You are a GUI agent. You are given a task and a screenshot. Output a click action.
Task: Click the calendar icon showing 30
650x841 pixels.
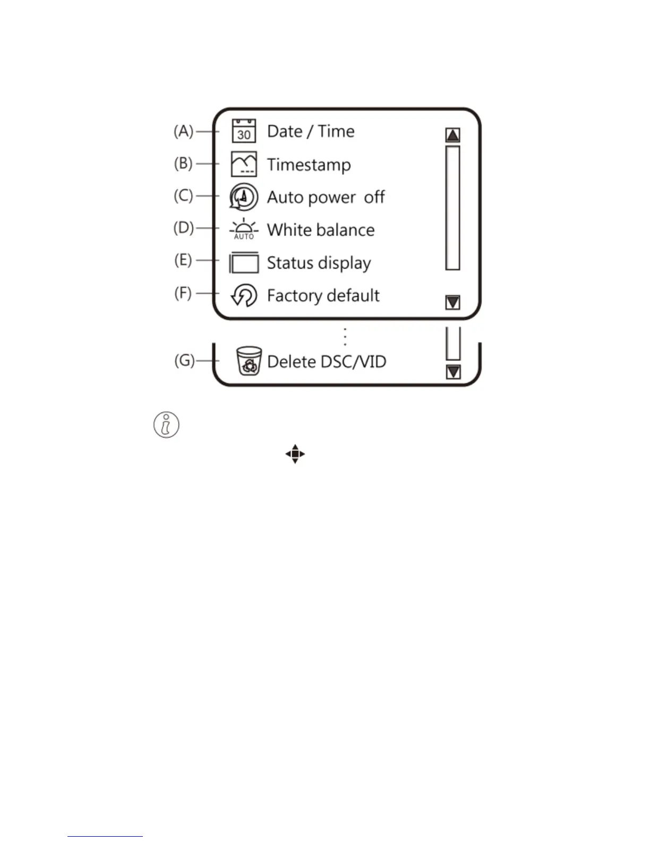point(244,131)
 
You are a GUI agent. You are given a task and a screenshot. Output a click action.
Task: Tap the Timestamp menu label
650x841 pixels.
point(309,165)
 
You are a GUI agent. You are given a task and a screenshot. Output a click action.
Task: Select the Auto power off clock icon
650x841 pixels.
point(244,197)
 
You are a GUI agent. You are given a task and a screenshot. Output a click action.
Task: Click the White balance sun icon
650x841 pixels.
point(244,229)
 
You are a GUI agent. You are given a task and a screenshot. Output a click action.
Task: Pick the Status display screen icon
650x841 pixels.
point(244,262)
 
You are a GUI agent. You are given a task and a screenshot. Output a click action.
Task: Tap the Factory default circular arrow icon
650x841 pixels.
point(244,295)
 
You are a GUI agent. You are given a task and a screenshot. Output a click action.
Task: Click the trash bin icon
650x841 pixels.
point(249,361)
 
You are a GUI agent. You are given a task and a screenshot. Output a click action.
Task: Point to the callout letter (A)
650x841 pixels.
point(183,131)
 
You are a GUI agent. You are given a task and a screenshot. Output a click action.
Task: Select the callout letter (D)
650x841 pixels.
point(184,228)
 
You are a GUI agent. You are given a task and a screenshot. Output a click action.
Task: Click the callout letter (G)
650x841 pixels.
point(184,361)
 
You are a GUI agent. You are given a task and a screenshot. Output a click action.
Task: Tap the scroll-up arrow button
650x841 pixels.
point(452,135)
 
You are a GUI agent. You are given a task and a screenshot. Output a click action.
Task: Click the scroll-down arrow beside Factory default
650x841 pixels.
point(452,303)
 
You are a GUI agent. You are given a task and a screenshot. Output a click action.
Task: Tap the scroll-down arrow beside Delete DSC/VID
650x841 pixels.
point(453,372)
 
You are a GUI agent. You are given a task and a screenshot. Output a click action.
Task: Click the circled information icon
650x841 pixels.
point(166,425)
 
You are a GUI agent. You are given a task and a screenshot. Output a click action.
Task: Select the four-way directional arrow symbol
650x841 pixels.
point(295,454)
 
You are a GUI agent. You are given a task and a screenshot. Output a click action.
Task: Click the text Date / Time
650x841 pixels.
point(311,131)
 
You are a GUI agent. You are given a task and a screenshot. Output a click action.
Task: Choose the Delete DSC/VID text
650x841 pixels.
point(326,362)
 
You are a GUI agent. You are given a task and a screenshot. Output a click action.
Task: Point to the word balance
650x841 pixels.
point(348,230)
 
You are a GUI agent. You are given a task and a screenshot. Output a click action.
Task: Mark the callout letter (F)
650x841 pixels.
point(183,293)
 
